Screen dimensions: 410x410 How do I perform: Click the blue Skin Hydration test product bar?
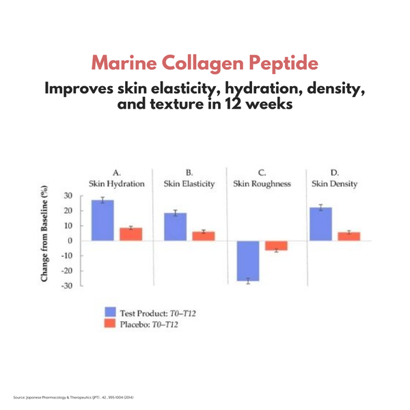(x=102, y=220)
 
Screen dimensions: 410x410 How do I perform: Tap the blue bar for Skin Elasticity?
(x=176, y=227)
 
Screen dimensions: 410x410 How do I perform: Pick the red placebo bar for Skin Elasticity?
(x=204, y=236)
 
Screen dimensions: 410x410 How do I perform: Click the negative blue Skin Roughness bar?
(x=248, y=260)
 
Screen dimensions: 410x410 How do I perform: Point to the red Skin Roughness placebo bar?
(x=276, y=245)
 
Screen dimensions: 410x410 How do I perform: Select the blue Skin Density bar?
(x=320, y=224)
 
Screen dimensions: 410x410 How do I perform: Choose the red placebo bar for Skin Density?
(x=348, y=236)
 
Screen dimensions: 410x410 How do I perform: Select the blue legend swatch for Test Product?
(x=111, y=312)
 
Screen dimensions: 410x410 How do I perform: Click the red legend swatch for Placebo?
(x=111, y=324)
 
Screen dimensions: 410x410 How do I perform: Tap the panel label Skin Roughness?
(x=262, y=184)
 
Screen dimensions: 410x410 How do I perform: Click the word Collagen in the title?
(x=204, y=64)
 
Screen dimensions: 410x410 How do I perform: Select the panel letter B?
(x=189, y=172)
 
